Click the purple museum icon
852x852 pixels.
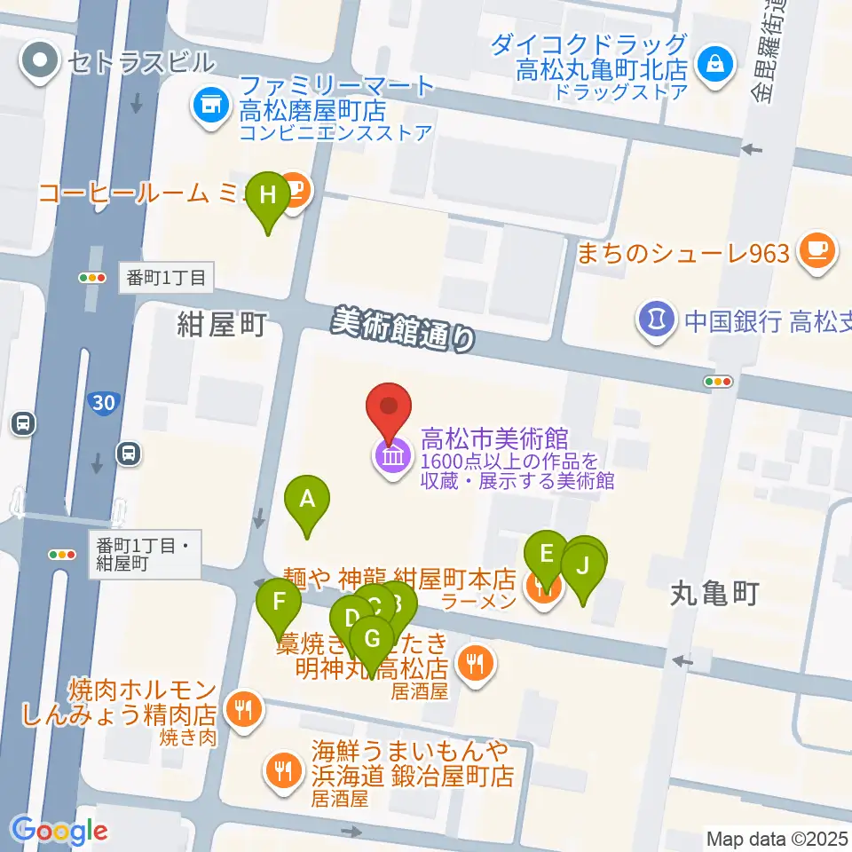[391, 458]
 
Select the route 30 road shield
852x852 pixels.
[103, 403]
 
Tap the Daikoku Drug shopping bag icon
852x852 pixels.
[713, 64]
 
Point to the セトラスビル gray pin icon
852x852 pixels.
[41, 62]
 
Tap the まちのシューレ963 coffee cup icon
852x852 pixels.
[816, 251]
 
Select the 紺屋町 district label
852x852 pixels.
[221, 327]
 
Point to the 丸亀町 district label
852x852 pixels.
[714, 594]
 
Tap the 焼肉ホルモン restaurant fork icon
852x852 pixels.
[241, 708]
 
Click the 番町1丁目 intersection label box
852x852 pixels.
[165, 278]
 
